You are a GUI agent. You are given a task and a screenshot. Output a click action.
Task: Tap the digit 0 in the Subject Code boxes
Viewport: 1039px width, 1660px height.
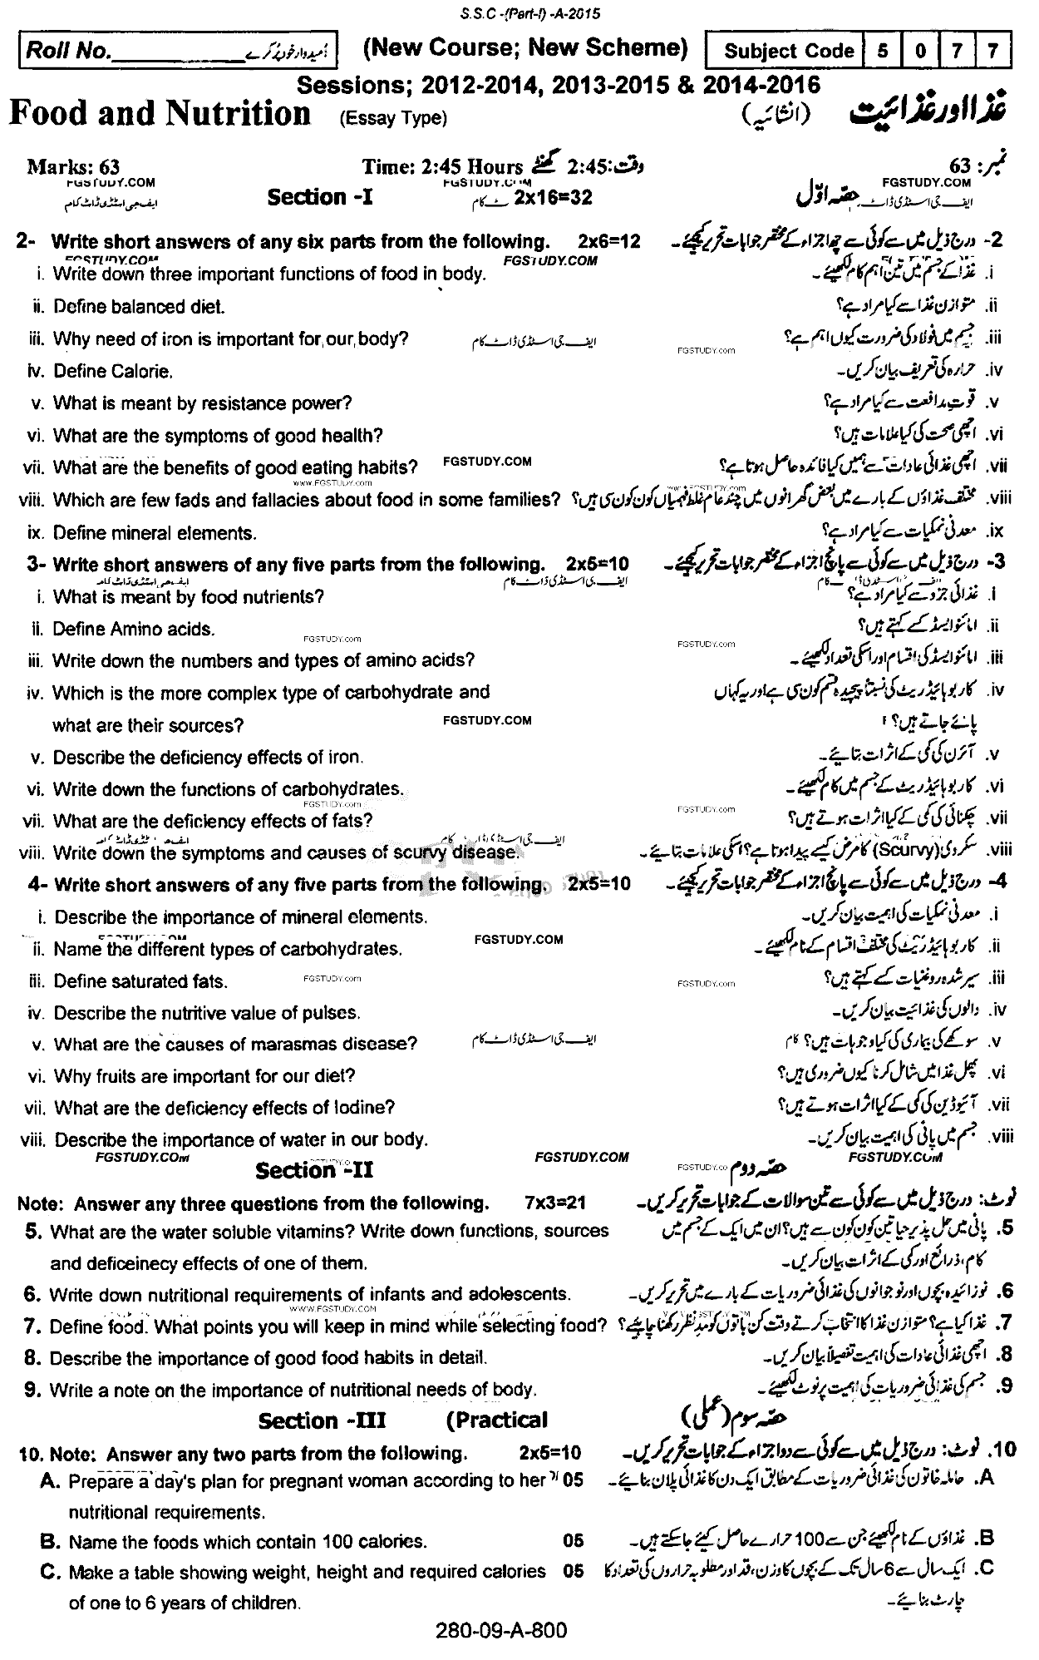[920, 51]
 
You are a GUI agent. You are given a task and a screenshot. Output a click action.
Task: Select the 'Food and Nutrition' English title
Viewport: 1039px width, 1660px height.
[160, 113]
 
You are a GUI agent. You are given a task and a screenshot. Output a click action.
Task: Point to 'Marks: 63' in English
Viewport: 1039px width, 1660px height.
[72, 167]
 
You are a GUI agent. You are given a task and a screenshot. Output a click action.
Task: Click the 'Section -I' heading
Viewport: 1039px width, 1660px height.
[307, 197]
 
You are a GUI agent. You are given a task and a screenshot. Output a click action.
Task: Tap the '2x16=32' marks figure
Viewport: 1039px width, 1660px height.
[552, 197]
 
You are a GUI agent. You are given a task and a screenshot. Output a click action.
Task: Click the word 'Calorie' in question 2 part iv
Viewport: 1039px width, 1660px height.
[141, 371]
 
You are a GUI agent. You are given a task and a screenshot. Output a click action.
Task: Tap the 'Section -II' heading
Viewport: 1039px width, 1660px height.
[314, 1171]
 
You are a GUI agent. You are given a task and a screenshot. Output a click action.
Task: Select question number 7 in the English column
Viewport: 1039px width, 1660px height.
[32, 1325]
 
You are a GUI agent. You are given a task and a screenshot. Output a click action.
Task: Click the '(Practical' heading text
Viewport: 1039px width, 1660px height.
[497, 1420]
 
